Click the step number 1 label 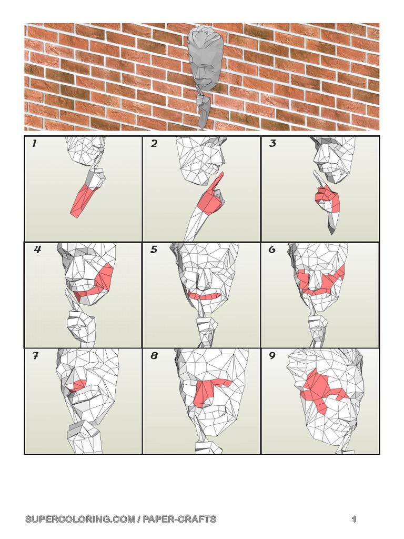pos(34,144)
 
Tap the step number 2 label pos(154,144)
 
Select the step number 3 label pos(272,144)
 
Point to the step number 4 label pos(37,250)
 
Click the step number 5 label pos(154,250)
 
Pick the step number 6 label pos(272,250)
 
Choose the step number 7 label pos(35,356)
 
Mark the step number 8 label pos(154,356)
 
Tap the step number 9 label pos(272,356)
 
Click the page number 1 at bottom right pos(354,520)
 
